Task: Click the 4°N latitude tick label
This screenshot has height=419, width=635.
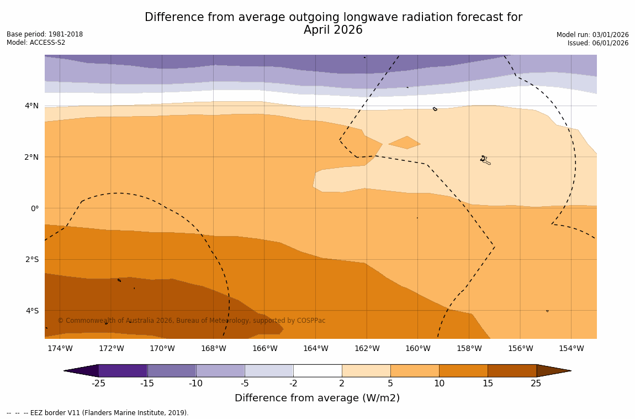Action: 31,106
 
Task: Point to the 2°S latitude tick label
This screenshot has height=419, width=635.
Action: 31,259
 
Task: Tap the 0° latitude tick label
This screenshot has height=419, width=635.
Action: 34,208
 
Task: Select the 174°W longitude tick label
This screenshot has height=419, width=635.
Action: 60,348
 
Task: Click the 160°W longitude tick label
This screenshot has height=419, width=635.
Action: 417,348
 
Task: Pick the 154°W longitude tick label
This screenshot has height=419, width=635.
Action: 571,348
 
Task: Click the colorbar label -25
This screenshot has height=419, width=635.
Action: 98,384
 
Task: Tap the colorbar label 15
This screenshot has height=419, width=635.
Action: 488,384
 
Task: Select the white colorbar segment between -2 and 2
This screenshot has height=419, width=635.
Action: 317,370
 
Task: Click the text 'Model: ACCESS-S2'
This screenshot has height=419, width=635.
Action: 36,43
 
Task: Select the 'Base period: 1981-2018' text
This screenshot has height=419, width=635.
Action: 45,34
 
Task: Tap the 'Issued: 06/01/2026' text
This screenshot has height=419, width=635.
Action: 598,43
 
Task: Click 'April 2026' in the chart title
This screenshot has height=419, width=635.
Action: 333,30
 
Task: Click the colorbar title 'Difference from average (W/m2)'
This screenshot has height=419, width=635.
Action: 317,398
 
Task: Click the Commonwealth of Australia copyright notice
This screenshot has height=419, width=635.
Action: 192,321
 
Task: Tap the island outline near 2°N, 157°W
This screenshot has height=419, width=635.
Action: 485,160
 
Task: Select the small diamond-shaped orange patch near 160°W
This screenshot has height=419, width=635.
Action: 405,143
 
